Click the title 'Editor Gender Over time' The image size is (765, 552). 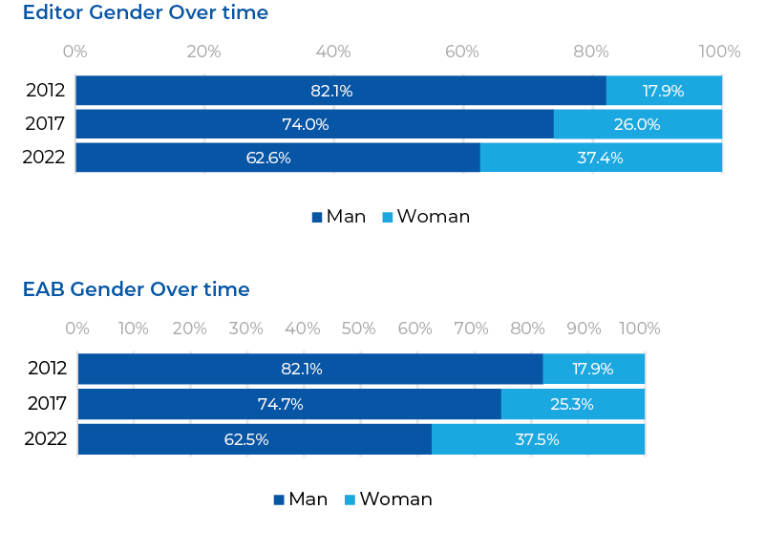pyautogui.click(x=145, y=13)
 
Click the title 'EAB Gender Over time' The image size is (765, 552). pyautogui.click(x=136, y=289)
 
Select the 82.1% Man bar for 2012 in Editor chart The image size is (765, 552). pyautogui.click(x=340, y=92)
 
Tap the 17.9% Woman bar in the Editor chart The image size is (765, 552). pyautogui.click(x=664, y=92)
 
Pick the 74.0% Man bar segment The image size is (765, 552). pyautogui.click(x=314, y=124)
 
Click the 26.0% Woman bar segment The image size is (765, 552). pyautogui.click(x=637, y=124)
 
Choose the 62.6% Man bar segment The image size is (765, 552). pyautogui.click(x=277, y=158)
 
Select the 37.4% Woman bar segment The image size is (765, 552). pyautogui.click(x=601, y=158)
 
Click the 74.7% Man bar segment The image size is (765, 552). pyautogui.click(x=289, y=404)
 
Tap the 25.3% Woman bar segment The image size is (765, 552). pyautogui.click(x=572, y=404)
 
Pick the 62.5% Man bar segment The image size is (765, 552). pyautogui.click(x=254, y=439)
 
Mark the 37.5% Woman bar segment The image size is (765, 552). pyautogui.click(x=538, y=439)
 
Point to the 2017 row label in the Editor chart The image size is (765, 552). pyautogui.click(x=45, y=124)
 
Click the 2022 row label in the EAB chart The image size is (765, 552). pyautogui.click(x=47, y=439)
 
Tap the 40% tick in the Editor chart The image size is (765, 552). pyautogui.click(x=332, y=52)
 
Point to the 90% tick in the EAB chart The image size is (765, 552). pyautogui.click(x=584, y=329)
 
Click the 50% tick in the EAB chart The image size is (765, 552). pyautogui.click(x=358, y=329)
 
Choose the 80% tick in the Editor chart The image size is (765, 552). pyautogui.click(x=591, y=52)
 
